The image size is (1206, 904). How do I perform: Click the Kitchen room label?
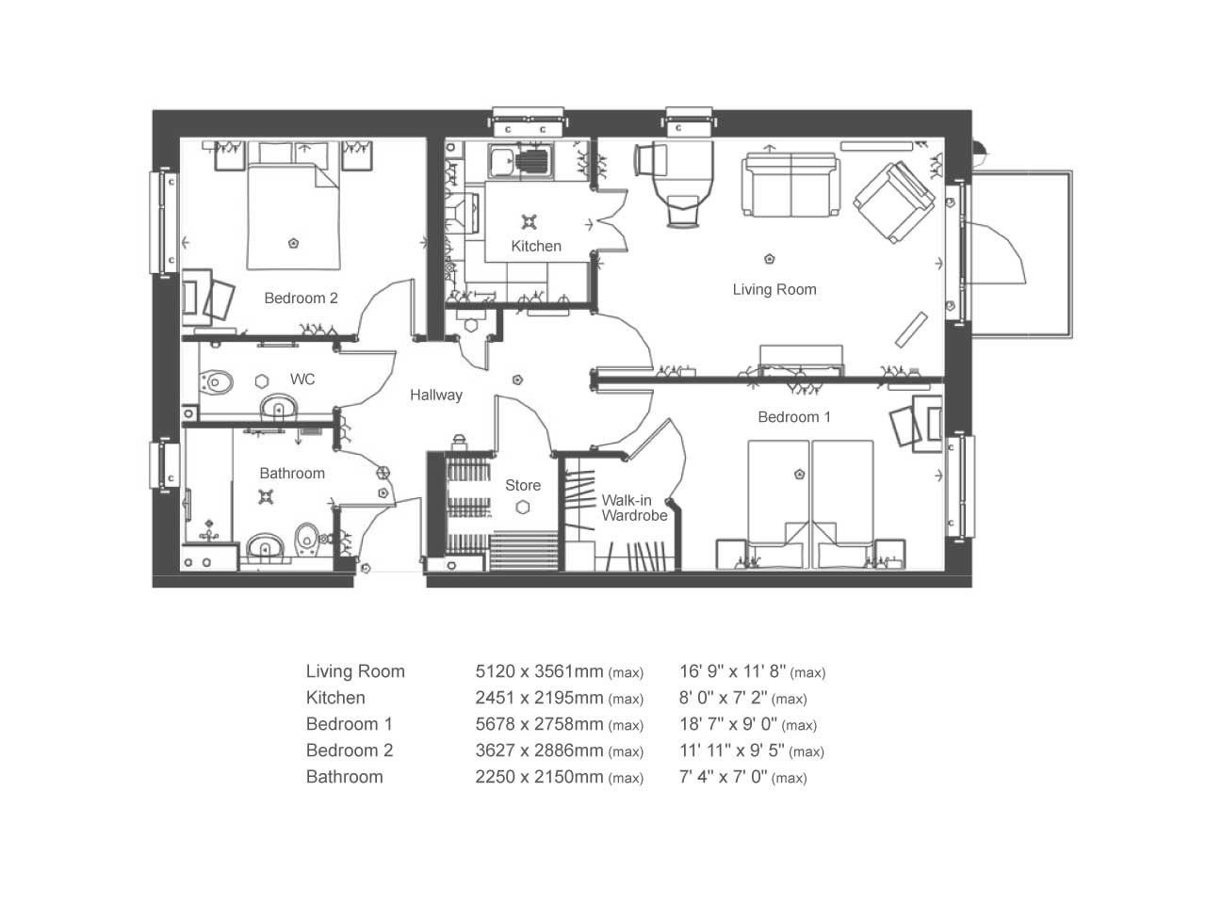click(x=536, y=246)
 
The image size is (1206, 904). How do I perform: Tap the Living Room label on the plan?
click(x=774, y=289)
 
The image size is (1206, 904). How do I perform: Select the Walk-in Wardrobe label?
click(x=634, y=508)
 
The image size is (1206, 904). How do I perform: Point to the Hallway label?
click(x=436, y=395)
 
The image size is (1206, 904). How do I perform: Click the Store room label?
click(x=523, y=485)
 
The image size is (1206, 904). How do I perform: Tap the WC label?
click(x=302, y=379)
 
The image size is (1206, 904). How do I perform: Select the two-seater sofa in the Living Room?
click(x=790, y=184)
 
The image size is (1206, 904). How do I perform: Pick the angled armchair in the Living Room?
click(x=893, y=202)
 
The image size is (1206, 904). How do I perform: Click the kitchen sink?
click(x=521, y=161)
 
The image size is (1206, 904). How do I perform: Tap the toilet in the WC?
click(x=216, y=381)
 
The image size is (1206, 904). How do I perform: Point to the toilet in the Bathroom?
click(x=306, y=539)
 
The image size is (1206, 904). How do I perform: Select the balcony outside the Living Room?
click(x=1020, y=254)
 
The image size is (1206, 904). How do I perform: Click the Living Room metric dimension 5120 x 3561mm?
click(x=539, y=671)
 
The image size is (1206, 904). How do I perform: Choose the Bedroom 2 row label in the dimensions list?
click(x=350, y=751)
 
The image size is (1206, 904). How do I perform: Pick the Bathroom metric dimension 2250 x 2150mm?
click(x=539, y=777)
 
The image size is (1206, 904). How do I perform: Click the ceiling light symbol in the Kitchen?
click(x=530, y=222)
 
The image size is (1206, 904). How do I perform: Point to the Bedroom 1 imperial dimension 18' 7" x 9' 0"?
click(x=728, y=724)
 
